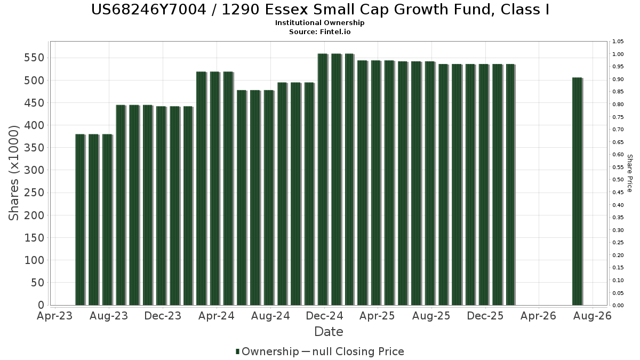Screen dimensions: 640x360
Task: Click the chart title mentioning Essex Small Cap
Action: (320, 10)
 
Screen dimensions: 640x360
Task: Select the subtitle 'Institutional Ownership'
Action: (319, 23)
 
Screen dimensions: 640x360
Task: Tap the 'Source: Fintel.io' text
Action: (319, 31)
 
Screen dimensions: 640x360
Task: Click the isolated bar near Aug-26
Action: (578, 191)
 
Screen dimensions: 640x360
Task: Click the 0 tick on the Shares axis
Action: (41, 305)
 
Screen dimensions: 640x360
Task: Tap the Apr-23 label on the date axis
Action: (55, 316)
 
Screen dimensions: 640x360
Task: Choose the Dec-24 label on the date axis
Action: (324, 316)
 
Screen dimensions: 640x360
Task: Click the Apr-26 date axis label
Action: (538, 316)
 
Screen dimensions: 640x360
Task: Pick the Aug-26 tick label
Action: (593, 316)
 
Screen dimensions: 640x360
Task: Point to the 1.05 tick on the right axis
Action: (618, 42)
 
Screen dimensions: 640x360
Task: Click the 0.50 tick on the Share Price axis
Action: (618, 180)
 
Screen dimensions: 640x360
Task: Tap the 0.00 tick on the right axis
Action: (618, 306)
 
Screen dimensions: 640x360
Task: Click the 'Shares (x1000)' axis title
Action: (13, 173)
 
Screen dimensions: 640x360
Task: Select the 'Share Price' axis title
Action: (629, 173)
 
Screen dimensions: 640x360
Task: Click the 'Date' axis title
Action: (329, 332)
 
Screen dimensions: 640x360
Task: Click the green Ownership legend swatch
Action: (237, 351)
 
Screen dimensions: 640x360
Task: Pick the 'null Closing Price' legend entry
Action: (358, 351)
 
